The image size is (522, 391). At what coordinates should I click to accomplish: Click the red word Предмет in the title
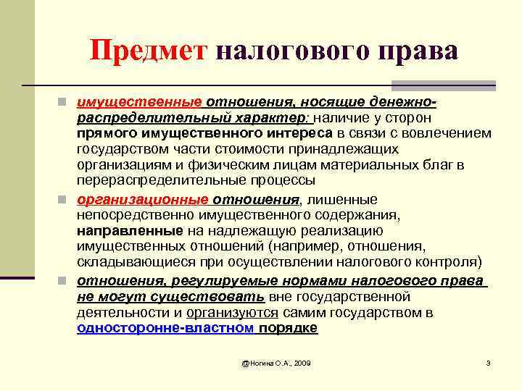[149, 52]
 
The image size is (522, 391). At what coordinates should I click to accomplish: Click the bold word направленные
[130, 231]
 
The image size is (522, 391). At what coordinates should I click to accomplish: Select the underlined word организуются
[232, 312]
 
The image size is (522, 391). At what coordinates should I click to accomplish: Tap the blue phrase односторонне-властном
[165, 328]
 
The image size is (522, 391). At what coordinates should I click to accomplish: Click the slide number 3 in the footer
[489, 362]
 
